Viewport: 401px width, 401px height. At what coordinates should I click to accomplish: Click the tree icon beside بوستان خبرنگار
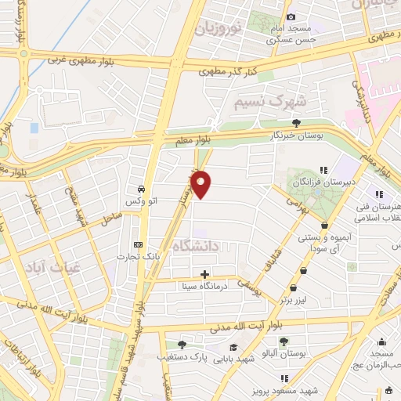click(296, 122)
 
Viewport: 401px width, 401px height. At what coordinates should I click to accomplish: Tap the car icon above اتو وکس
click(140, 189)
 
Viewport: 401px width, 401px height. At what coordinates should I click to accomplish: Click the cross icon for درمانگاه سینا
click(205, 274)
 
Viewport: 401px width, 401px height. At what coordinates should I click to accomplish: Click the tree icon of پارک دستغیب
click(182, 344)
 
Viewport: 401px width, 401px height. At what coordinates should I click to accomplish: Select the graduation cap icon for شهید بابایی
click(233, 346)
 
